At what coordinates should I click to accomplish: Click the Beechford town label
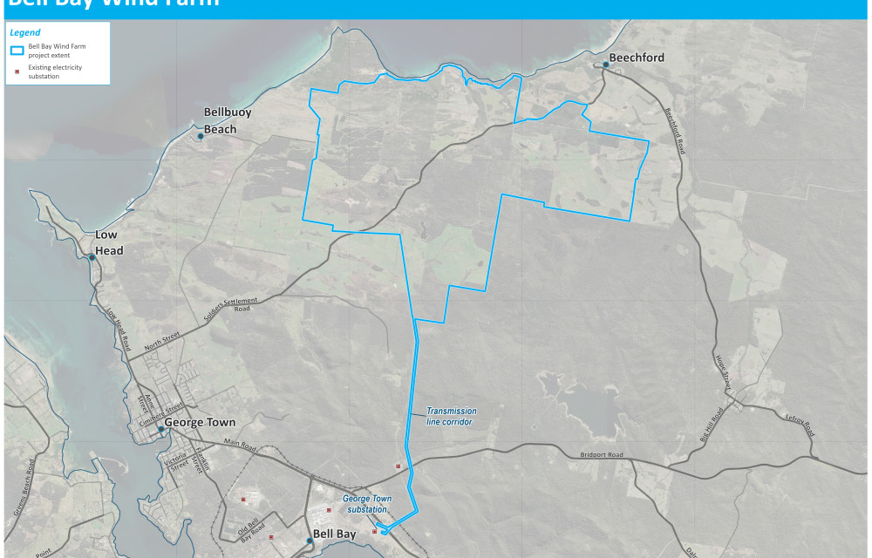coord(637,58)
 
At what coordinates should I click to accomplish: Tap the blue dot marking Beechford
coord(605,65)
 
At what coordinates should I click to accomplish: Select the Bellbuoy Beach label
coord(220,120)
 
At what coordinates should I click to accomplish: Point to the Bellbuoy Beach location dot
coord(201,136)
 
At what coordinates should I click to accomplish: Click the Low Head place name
coord(109,243)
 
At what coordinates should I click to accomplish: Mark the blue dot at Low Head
coord(92,257)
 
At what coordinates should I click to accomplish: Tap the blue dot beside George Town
coord(160,429)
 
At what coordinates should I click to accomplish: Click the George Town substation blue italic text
coord(367,504)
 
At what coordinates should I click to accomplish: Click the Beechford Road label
coord(675,131)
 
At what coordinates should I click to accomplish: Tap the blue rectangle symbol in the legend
coord(17,49)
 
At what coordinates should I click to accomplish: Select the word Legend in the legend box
coord(25,32)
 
